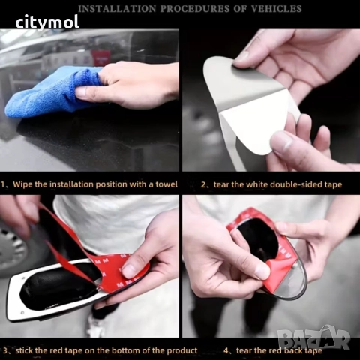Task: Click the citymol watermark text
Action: coord(47,22)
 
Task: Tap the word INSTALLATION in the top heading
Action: coord(117,9)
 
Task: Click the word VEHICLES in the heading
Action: coord(276,9)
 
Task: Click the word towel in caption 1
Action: coord(166,184)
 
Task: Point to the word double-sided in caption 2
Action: coord(283,184)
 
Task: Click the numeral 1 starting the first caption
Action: coord(2,184)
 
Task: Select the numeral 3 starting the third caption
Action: coord(5,350)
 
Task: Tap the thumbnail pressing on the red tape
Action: coord(128,271)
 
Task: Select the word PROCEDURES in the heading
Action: coord(195,9)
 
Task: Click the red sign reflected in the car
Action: coord(101,58)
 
